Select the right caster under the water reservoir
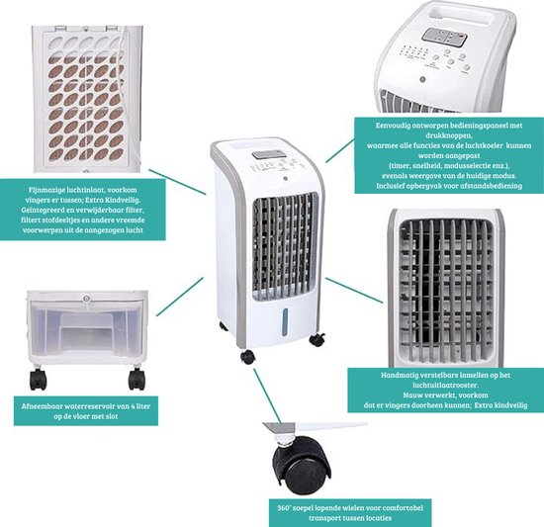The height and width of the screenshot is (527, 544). [135, 380]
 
